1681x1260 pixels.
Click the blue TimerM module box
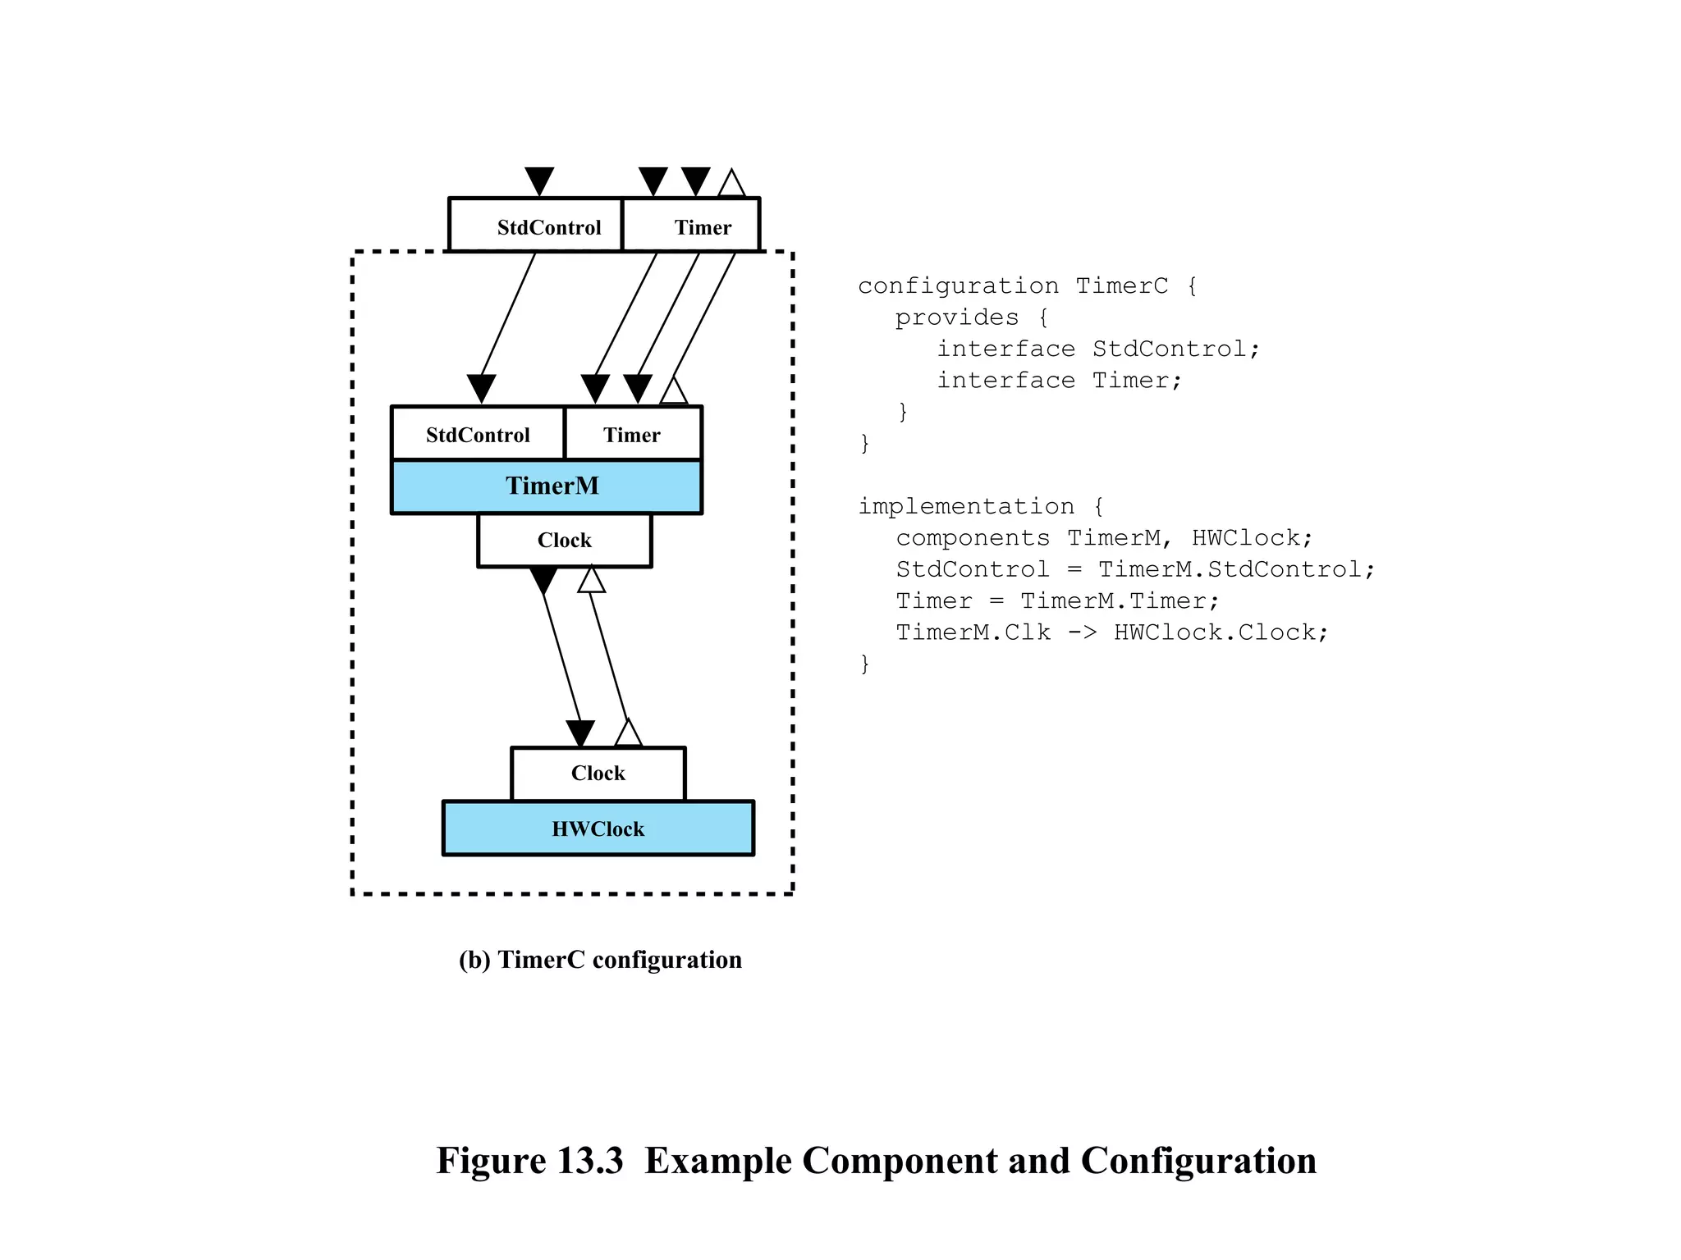point(547,486)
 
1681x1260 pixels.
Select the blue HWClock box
point(598,829)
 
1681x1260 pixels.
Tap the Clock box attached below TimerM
point(565,540)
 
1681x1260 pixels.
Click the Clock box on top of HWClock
point(598,773)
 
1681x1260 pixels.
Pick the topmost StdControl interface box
point(535,226)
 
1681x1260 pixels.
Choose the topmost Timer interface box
point(692,226)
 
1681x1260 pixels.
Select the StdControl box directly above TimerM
point(478,434)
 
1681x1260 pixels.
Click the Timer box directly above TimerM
point(633,434)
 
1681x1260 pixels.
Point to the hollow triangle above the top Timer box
point(731,185)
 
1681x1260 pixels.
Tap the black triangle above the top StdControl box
point(539,180)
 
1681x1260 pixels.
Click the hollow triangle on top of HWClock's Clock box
point(628,733)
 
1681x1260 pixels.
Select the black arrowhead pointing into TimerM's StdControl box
point(481,388)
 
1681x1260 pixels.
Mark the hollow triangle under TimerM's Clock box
point(591,580)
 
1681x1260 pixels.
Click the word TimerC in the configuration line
point(1121,285)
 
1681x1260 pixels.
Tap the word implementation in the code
point(966,506)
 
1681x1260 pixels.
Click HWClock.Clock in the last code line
point(1220,632)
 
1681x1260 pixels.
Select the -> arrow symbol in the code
point(1082,632)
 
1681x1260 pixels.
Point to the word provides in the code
point(956,317)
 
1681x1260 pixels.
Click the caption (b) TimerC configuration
point(600,960)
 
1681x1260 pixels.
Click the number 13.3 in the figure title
point(589,1161)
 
